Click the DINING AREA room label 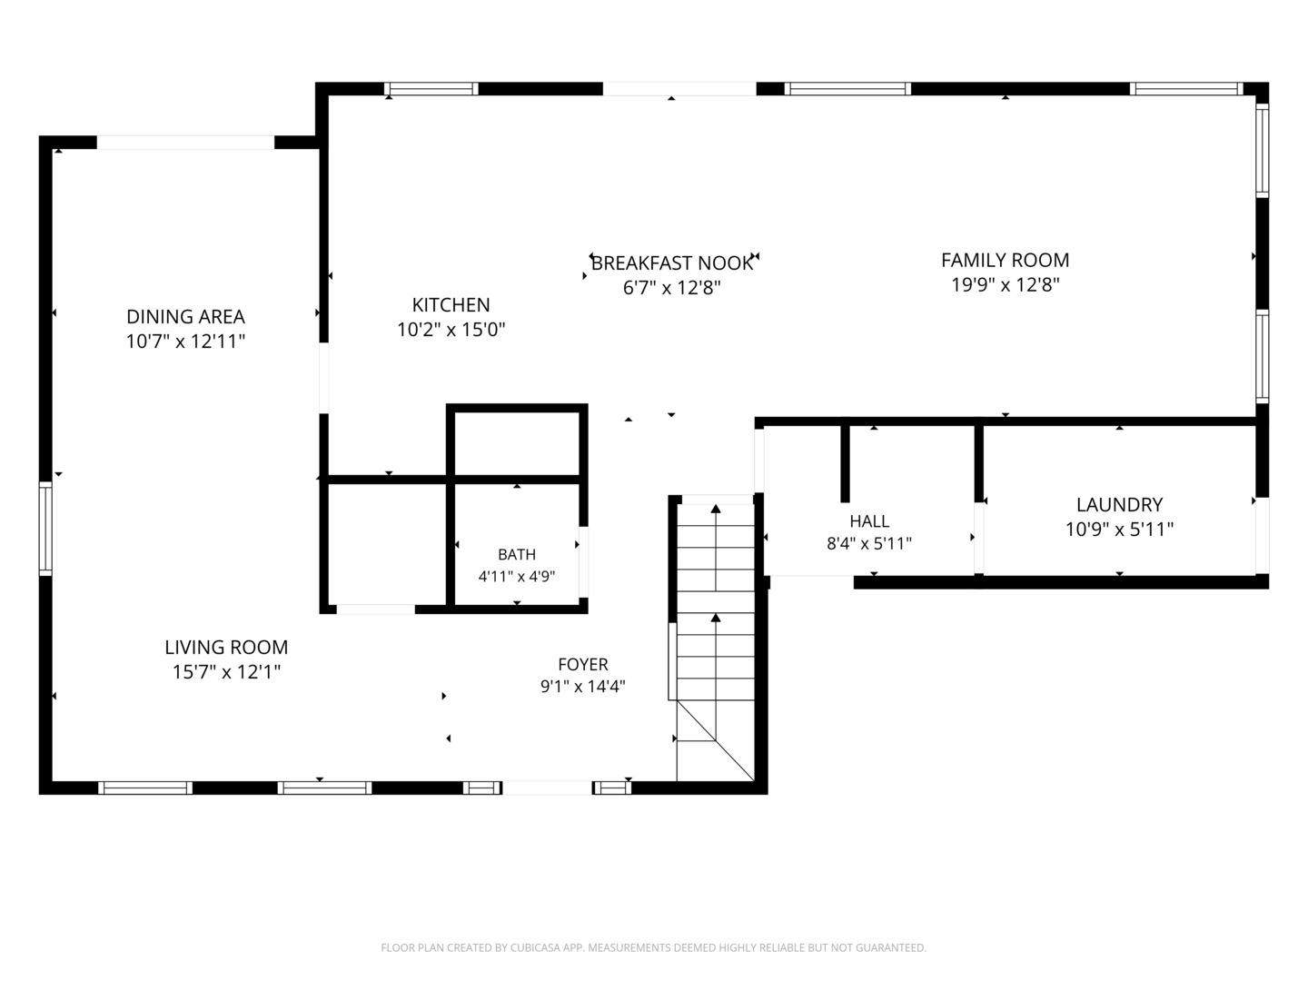185,316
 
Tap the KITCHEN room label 451,305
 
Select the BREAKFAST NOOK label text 671,263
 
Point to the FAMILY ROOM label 1005,260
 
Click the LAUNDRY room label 1119,504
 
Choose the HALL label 869,521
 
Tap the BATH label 517,554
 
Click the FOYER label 583,664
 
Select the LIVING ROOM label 226,647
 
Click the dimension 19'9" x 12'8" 1005,284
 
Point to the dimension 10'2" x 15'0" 451,330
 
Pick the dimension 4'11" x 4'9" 517,577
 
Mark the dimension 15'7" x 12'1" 226,672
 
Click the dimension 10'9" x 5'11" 1119,529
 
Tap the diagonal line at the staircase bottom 716,739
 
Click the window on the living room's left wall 45,529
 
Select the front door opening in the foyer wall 547,788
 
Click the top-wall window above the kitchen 431,89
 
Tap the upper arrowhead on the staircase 716,509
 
